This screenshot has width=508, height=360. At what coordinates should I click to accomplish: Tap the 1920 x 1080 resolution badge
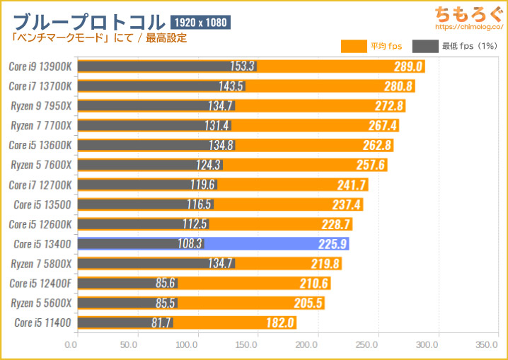coord(200,23)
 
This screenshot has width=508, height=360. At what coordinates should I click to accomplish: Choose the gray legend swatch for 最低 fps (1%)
coord(425,47)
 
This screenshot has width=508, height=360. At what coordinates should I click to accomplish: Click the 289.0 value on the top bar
coord(409,66)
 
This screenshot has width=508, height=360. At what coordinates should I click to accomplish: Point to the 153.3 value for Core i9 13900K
coord(242,66)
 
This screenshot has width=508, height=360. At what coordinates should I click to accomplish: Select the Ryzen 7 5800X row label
coord(41,264)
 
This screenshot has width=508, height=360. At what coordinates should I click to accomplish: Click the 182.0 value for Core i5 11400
coord(281,323)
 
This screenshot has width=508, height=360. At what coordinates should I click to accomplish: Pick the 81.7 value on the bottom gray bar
coord(160,323)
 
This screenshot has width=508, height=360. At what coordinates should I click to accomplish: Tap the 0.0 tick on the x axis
coord(71,346)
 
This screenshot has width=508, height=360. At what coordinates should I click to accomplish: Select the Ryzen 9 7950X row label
coord(41,106)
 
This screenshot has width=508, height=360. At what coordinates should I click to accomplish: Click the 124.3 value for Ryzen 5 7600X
coord(208,165)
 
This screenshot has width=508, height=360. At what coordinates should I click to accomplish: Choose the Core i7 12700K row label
coord(42,185)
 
